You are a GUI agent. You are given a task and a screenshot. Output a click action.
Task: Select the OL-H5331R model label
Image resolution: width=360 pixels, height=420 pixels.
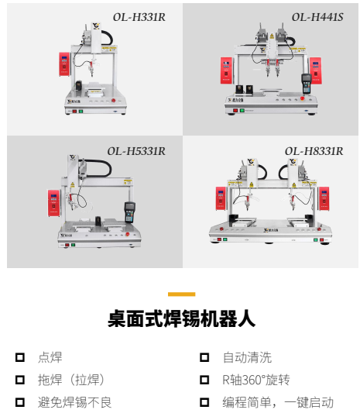[136, 151]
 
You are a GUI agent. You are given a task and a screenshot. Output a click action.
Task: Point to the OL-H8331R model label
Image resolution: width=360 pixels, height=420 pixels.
[314, 151]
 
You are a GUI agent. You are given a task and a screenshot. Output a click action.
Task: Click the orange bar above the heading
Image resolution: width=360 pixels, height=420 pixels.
[181, 294]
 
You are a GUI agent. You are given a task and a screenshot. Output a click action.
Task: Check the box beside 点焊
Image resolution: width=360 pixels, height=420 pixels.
[20, 357]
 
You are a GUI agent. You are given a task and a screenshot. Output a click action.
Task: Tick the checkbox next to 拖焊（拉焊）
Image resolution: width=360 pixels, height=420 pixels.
[20, 380]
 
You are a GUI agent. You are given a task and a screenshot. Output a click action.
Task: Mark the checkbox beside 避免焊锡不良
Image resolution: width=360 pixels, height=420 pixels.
[20, 402]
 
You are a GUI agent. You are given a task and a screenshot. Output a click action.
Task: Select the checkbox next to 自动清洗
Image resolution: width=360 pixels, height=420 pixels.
[204, 357]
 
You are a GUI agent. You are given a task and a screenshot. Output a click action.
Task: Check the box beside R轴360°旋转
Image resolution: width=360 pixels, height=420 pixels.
[204, 380]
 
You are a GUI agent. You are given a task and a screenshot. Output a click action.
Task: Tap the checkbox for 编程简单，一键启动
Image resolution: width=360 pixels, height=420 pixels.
[204, 402]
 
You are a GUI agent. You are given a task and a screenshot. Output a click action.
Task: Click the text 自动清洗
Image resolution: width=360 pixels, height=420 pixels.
[247, 357]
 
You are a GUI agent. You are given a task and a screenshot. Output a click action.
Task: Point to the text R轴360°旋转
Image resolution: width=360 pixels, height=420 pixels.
[255, 380]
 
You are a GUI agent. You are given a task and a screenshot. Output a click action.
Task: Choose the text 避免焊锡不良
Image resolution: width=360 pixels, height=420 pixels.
[74, 402]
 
